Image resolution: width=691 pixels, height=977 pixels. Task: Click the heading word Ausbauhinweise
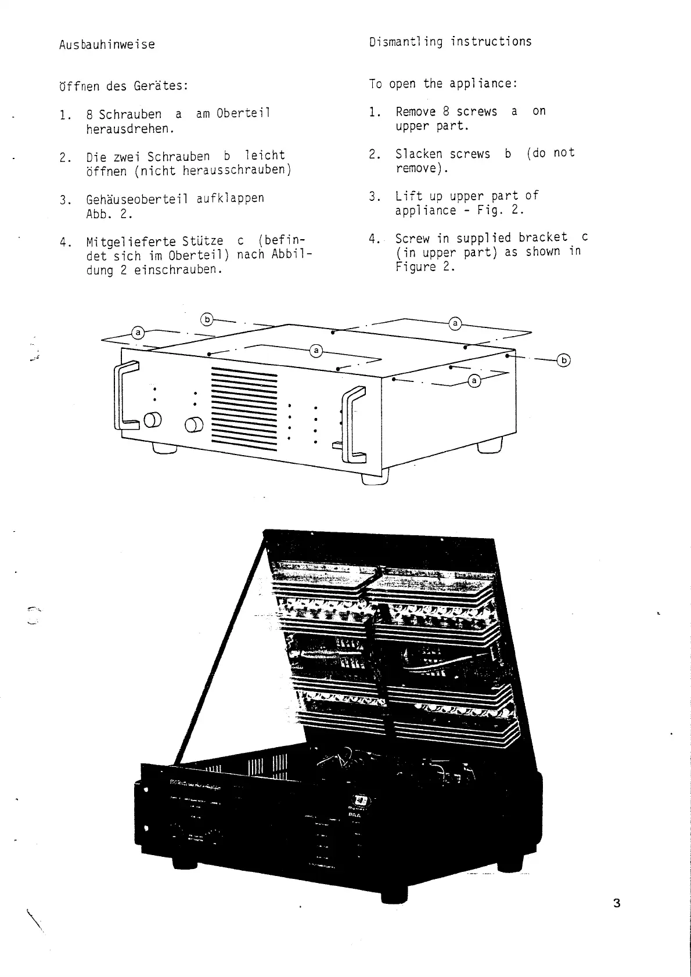107,45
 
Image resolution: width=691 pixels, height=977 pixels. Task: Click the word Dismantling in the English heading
405,42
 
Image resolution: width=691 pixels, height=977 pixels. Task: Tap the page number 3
617,903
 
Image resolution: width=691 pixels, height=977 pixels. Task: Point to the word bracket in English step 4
543,237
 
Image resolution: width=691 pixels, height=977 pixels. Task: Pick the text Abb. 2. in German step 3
109,214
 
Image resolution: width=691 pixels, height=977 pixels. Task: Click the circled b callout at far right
563,360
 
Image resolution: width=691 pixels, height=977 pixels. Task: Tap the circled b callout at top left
207,319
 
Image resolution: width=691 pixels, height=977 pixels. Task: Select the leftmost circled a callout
138,333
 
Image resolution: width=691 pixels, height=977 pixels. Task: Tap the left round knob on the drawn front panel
154,420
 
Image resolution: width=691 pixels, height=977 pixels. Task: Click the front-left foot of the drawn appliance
165,448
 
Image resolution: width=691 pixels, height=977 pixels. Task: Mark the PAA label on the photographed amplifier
355,814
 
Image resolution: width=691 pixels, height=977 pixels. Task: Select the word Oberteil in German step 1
243,113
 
